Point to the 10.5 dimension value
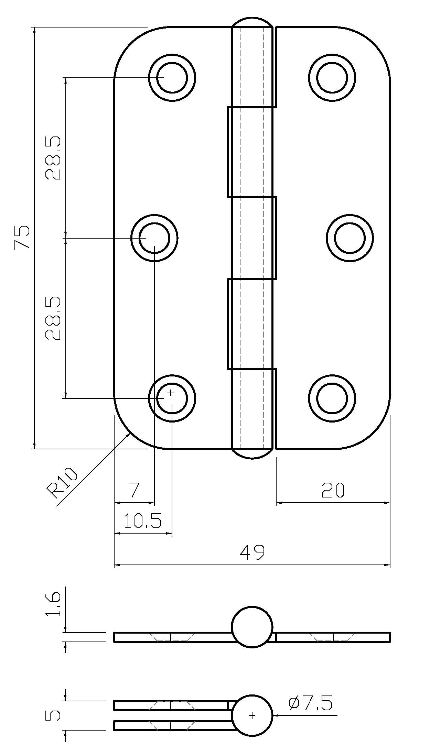pos(142,521)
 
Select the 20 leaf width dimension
pos(333,490)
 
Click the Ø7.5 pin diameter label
pos(310,703)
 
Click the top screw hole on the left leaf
pos(172,78)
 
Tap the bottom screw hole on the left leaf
pos(172,398)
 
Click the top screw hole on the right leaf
pos(332,78)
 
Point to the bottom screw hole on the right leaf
pos(332,398)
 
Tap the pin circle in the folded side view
pos(252,715)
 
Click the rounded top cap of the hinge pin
pos(252,22)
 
